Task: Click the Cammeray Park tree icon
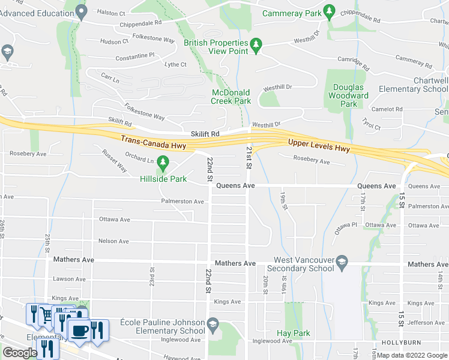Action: pos(328,11)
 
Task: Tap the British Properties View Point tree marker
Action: pos(256,46)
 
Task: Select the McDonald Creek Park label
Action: pos(231,97)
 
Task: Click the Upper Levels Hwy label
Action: pos(318,144)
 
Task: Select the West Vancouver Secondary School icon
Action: pos(342,261)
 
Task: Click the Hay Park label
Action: pos(293,333)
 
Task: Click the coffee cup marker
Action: pos(79,331)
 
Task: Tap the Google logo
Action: pos(20,353)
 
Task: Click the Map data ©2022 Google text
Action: pos(412,355)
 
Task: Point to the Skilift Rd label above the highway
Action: pos(205,133)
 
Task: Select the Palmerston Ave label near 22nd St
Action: pos(182,202)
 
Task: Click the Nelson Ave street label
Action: pos(114,241)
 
